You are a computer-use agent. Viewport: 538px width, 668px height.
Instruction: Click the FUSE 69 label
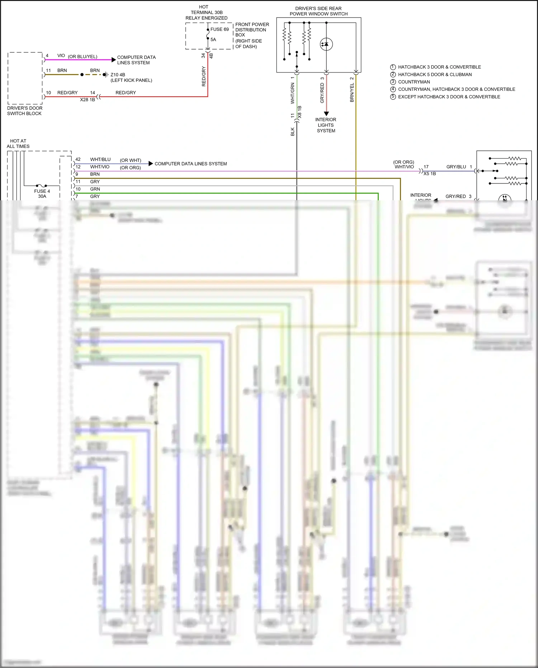220,29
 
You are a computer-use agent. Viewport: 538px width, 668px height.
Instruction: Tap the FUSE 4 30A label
42,193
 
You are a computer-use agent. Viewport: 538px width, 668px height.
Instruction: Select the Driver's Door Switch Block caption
25,111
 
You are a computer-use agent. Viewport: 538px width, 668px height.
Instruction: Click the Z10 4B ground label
118,75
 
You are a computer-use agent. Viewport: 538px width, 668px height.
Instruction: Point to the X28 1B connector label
88,99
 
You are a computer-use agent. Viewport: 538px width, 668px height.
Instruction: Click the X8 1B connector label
300,112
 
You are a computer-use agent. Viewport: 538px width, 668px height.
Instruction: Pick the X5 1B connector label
430,174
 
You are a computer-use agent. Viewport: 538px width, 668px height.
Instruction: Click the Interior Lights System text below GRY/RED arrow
326,125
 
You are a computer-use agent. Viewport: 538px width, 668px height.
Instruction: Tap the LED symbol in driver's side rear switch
326,44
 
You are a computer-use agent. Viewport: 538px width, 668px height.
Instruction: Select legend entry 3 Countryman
414,82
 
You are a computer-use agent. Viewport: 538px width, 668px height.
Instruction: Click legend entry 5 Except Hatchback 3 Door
449,97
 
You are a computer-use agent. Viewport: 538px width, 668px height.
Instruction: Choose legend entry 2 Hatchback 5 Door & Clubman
435,74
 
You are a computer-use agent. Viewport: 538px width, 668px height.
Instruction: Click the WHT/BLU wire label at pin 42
100,159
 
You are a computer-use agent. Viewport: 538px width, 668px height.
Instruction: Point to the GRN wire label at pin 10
95,189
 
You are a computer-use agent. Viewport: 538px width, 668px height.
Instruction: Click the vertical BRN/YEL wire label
352,93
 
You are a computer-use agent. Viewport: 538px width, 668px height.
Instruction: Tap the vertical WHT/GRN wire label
292,93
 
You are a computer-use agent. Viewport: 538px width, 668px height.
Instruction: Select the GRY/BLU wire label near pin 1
456,167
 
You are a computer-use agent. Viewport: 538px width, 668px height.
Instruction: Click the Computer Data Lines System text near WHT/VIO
190,164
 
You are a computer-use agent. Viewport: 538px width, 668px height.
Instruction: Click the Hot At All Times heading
18,144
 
